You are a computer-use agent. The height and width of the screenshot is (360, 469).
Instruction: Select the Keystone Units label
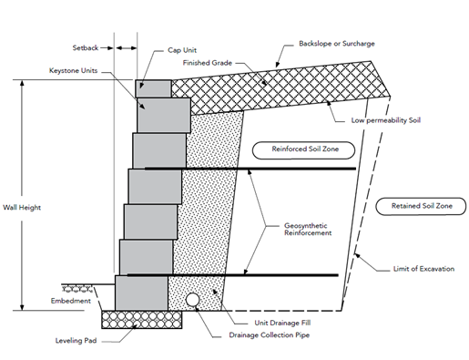click(x=75, y=70)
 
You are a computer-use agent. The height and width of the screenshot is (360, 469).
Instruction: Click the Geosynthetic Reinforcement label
click(x=305, y=228)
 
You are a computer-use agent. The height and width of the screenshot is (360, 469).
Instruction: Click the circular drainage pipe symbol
click(x=194, y=299)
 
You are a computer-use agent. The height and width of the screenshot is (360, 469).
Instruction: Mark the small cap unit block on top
click(x=153, y=88)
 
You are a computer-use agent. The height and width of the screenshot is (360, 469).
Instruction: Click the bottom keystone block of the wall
click(x=141, y=293)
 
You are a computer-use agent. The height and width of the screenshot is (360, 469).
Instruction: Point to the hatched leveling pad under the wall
click(x=141, y=319)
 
